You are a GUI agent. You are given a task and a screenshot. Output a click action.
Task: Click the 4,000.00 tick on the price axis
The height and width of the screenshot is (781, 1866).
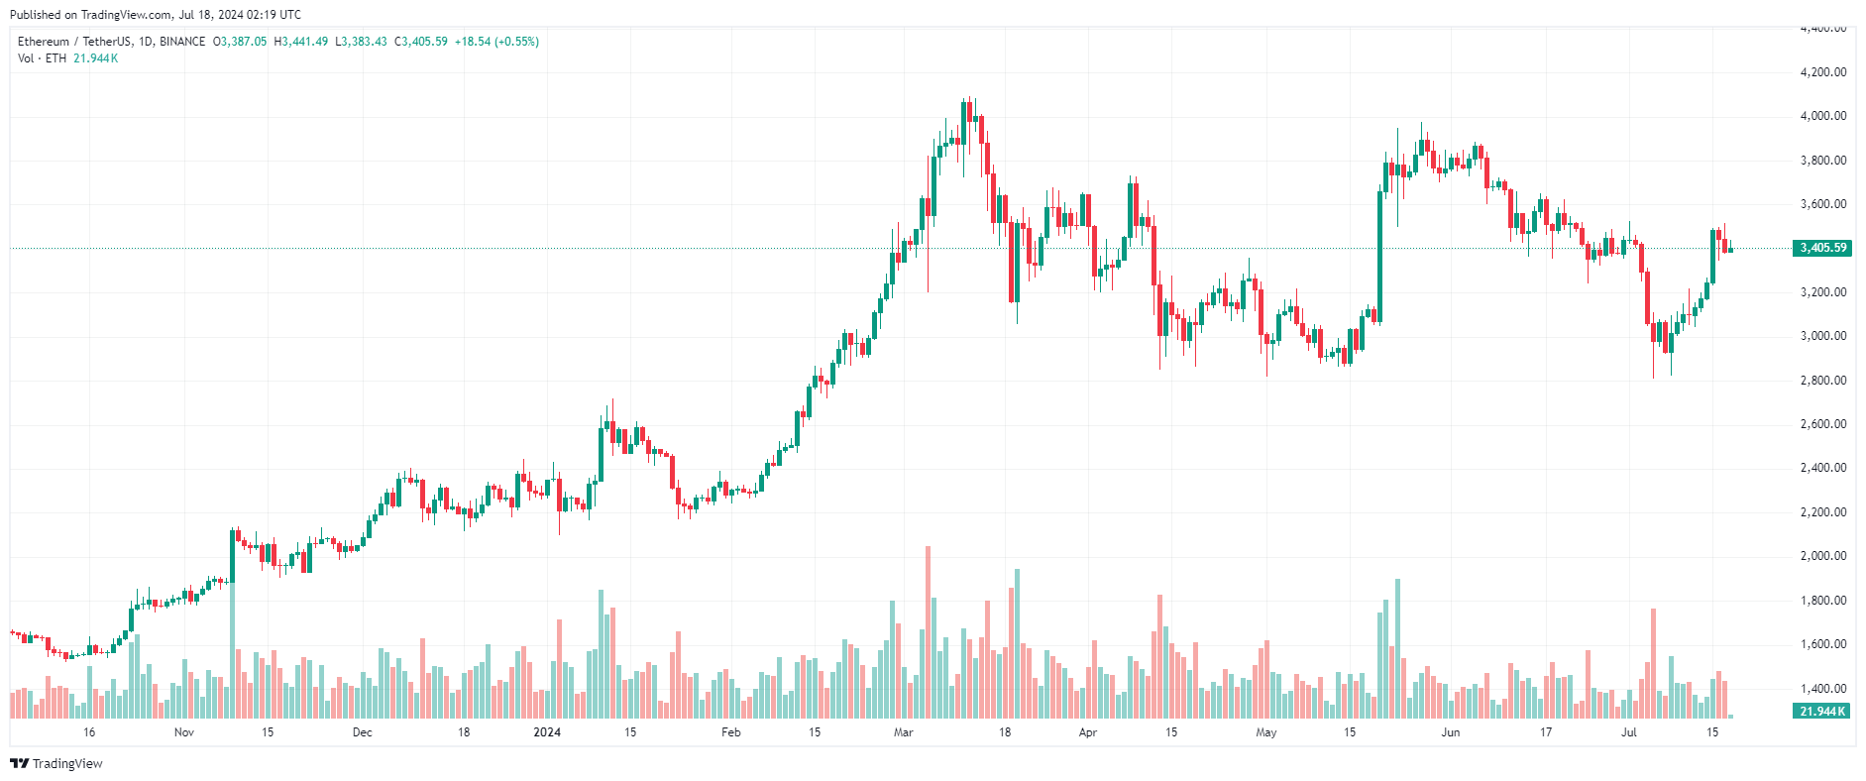click(x=1822, y=116)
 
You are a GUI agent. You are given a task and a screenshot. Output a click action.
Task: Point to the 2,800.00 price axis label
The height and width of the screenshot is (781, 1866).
click(x=1822, y=381)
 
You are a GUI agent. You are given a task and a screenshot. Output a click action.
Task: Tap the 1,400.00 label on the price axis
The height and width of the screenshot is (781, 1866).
click(x=1822, y=689)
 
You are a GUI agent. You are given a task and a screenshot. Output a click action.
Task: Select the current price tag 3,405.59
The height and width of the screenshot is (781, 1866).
click(x=1822, y=248)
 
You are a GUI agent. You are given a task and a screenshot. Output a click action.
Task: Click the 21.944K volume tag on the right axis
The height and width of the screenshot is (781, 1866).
click(x=1822, y=712)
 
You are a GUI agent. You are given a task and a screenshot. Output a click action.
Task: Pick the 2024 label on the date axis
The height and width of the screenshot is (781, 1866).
click(x=547, y=732)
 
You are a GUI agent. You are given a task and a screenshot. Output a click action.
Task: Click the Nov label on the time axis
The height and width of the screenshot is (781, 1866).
click(x=184, y=732)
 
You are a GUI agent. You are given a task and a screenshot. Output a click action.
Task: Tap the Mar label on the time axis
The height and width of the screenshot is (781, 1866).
click(x=903, y=732)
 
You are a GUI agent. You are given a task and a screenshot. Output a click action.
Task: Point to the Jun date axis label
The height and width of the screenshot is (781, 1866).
click(x=1451, y=732)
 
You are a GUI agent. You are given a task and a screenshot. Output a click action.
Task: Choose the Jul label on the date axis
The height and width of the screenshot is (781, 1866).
click(x=1629, y=732)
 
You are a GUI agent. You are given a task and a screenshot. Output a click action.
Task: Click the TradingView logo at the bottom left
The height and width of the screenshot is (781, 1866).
click(x=56, y=763)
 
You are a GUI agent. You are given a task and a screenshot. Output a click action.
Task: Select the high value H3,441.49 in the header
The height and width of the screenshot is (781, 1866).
click(x=301, y=42)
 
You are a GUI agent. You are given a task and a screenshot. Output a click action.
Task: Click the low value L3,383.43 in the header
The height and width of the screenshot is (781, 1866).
click(x=361, y=42)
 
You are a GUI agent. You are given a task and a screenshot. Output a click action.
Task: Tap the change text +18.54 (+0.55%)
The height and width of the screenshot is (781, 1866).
click(x=496, y=42)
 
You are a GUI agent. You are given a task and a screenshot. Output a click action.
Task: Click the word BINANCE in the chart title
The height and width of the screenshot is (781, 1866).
click(x=182, y=42)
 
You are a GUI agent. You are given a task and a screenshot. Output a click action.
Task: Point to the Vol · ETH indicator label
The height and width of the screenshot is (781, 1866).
click(x=42, y=58)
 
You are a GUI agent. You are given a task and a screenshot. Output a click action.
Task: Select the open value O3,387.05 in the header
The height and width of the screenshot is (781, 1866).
click(x=241, y=42)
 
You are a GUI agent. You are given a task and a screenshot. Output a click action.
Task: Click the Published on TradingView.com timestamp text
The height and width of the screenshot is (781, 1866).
click(x=156, y=15)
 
